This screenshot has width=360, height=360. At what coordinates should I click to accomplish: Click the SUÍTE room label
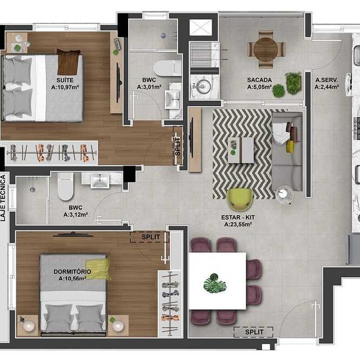coord(65,80)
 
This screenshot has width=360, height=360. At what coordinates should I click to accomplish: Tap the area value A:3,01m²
coord(149,87)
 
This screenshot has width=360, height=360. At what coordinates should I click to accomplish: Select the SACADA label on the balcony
coord(259,80)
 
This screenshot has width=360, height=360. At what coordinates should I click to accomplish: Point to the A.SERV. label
coord(326,80)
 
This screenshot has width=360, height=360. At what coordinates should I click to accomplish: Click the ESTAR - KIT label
coord(238,217)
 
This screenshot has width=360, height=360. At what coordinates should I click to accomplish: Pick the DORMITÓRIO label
coord(73,272)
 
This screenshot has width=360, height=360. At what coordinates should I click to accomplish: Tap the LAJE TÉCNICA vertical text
coord(3,198)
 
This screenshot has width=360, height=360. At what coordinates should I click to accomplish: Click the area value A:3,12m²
coord(76,215)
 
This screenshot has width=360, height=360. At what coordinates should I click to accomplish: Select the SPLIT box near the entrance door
coord(254,332)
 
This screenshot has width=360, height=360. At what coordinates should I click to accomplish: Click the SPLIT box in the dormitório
coord(150,237)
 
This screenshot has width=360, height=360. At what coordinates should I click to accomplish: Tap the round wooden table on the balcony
coord(266,49)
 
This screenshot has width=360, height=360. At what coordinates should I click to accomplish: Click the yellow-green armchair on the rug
coord(240,199)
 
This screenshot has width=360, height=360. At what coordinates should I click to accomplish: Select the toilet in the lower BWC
coord(66,186)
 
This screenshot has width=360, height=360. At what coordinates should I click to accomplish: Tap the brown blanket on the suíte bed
coord(68,62)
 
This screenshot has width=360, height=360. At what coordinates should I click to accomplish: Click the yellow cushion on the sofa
coord(290,147)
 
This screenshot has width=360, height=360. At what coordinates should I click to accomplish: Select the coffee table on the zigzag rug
coord(241,150)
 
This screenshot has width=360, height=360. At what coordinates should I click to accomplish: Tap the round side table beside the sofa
coord(284,194)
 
